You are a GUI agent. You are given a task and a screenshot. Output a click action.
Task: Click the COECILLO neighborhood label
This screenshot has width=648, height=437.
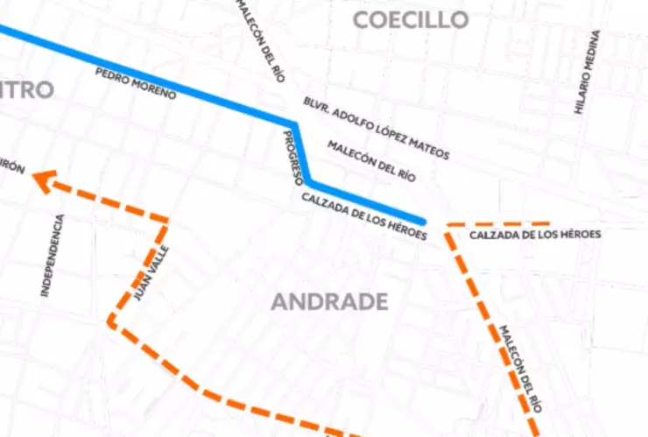(411, 20)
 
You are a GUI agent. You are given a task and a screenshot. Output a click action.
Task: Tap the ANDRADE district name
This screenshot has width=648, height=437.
(329, 302)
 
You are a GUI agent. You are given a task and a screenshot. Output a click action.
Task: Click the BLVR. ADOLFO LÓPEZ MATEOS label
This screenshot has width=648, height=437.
(376, 129)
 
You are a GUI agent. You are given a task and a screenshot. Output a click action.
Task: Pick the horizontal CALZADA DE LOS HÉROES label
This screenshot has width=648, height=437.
(535, 235)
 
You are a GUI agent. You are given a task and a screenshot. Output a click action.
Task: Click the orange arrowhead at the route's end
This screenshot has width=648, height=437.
(42, 180)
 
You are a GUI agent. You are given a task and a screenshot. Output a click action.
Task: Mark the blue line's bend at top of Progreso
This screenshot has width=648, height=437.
(294, 123)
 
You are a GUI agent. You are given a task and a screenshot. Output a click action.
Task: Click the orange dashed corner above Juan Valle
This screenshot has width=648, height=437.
(166, 220)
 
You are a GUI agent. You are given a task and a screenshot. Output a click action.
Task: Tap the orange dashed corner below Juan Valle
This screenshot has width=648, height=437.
(110, 321)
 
